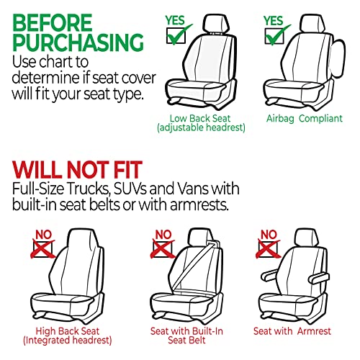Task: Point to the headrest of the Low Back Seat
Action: (215, 25)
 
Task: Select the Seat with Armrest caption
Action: (292, 332)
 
